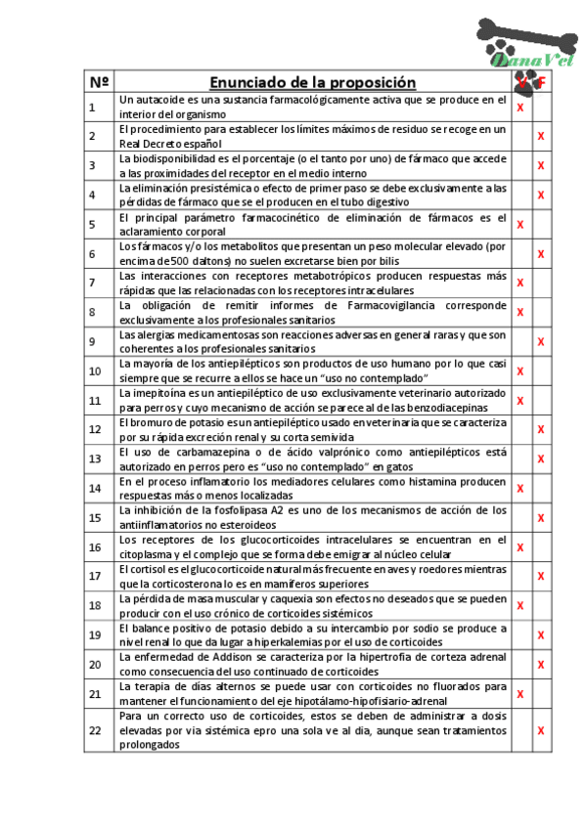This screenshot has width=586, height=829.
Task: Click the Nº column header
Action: coord(100,82)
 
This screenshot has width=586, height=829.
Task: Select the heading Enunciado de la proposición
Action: coord(312,82)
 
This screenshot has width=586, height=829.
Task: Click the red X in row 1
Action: coord(520,107)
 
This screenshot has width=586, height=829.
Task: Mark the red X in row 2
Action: coord(540,136)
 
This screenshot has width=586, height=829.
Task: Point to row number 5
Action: coord(93,224)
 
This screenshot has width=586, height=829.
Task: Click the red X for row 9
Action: coord(540,341)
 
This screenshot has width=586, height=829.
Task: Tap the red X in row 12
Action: coord(540,429)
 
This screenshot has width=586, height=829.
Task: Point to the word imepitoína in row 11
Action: coord(158,393)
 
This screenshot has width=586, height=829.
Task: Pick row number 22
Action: coord(95,730)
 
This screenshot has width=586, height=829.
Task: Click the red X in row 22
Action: coord(540,730)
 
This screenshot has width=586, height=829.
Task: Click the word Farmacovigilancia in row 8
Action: coord(366,305)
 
